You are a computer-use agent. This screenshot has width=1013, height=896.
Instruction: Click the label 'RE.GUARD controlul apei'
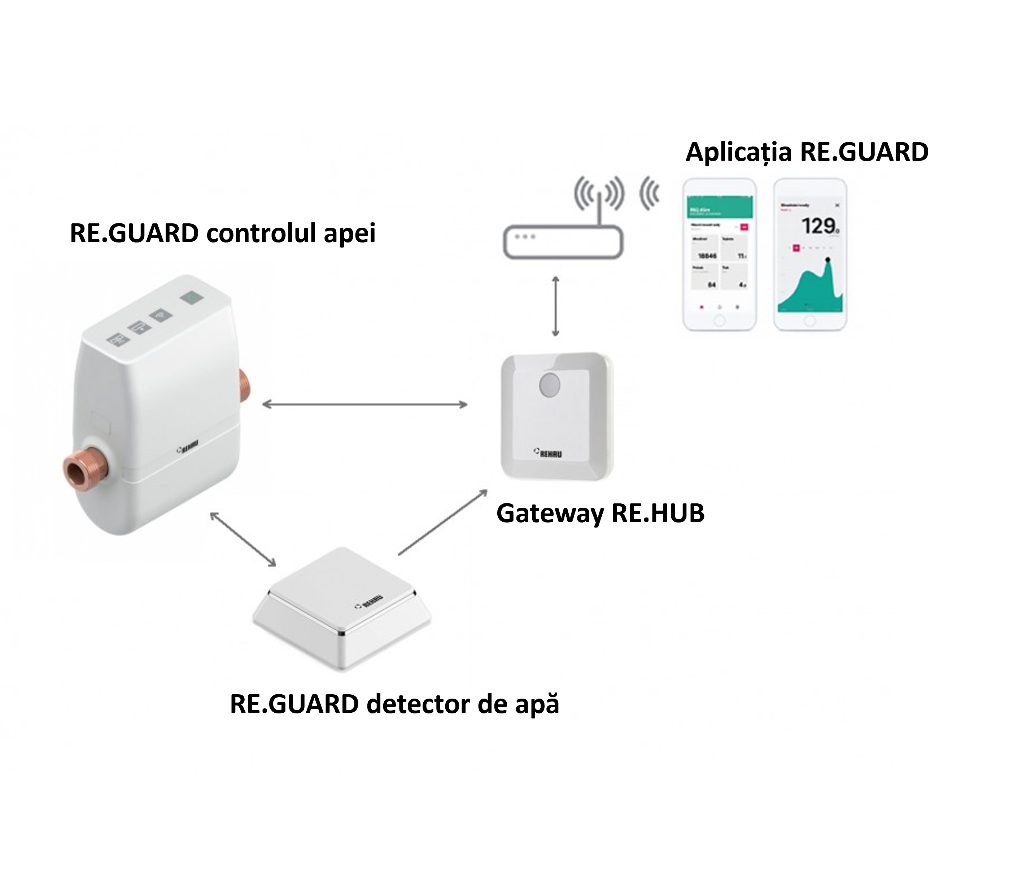click(x=223, y=233)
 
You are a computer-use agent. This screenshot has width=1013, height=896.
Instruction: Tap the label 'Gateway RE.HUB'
click(x=600, y=513)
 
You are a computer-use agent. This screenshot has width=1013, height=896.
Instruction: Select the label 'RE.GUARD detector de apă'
click(x=394, y=704)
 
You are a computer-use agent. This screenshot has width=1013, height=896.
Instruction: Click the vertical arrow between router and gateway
click(x=555, y=306)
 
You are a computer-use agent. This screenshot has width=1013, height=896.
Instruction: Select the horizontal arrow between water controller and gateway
click(x=364, y=405)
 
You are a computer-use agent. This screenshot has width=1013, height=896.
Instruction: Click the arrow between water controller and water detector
click(x=243, y=539)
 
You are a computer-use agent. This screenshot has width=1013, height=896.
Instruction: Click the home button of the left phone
click(x=719, y=321)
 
